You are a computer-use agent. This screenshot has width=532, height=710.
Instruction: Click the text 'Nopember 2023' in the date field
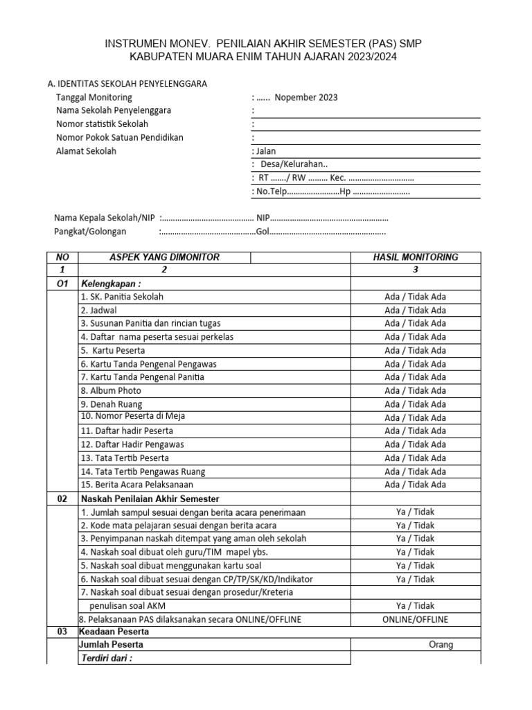coord(305,97)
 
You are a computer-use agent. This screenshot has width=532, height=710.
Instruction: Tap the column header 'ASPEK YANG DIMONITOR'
coord(164,257)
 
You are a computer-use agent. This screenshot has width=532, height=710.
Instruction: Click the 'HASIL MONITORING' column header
coord(415,257)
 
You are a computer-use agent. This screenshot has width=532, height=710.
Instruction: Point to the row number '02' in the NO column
coord(62,499)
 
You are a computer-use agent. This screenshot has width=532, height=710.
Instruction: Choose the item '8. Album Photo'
coord(111,391)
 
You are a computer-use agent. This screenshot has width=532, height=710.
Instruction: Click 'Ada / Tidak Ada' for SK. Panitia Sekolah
coord(415,297)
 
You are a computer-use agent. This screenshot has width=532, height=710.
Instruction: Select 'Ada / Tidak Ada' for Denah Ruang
coord(415,404)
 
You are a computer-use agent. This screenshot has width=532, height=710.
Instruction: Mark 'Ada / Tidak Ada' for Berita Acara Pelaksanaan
coord(415,485)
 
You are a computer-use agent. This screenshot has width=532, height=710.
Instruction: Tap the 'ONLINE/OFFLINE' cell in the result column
coord(415,619)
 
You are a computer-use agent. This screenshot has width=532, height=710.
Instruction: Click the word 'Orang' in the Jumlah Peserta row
coord(441,645)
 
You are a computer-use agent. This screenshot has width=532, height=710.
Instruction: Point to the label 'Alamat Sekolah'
coord(86,151)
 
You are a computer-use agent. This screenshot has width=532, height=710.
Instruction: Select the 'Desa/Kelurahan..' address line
coord(294,164)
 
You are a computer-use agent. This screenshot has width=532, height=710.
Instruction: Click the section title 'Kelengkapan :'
coord(111,284)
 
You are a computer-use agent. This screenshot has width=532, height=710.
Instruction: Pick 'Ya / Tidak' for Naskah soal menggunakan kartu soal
coord(415,566)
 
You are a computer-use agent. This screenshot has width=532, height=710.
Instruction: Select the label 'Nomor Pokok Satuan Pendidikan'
coord(119,137)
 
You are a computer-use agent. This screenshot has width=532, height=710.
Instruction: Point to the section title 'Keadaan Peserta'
coord(114,632)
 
